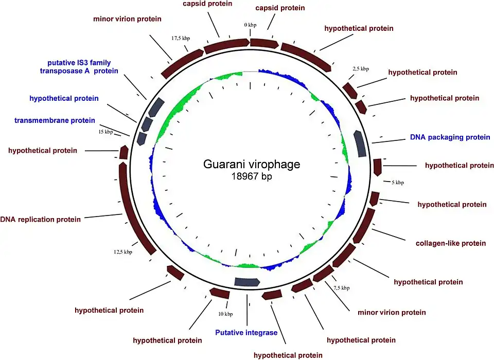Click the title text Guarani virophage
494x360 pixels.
click(252, 165)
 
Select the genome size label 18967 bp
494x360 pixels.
click(252, 177)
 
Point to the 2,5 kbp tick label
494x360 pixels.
click(360, 68)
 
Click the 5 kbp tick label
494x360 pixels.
click(398, 183)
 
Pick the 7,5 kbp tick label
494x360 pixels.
click(341, 288)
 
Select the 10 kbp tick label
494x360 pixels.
click(225, 314)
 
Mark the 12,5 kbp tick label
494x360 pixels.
click(123, 252)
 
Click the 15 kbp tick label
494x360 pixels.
click(105, 132)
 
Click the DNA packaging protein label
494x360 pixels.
click(450, 137)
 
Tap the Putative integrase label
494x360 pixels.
click(246, 333)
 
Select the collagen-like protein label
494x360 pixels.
click(450, 243)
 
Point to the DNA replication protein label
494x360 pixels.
click(41, 220)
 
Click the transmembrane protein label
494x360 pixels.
click(55, 120)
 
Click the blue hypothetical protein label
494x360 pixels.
click(64, 98)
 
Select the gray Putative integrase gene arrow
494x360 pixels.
click(246, 281)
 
